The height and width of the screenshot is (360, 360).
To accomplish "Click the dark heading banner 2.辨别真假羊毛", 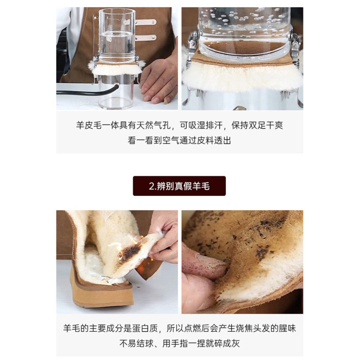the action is [179, 186].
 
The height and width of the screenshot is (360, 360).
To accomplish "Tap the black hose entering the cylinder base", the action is [87, 91].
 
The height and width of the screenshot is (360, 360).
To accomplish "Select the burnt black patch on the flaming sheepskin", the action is [130, 253].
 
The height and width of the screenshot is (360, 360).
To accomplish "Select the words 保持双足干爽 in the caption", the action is [257, 125].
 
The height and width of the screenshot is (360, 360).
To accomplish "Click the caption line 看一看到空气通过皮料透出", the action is [179, 140].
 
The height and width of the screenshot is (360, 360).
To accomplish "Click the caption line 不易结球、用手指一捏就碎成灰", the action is [179, 343].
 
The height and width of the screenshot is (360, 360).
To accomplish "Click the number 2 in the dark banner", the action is [151, 186].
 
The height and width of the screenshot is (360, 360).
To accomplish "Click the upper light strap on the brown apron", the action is [146, 22].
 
